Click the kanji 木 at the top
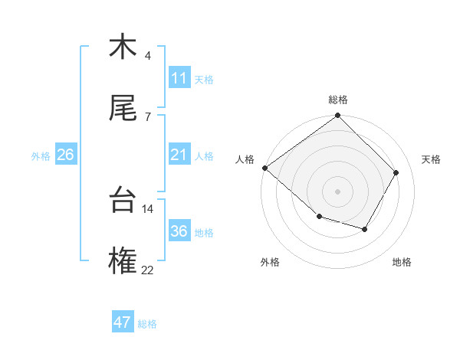[x=123, y=47]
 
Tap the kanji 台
[x=123, y=200]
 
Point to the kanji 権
[x=123, y=261]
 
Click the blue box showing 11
[x=179, y=78]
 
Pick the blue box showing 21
[x=179, y=155]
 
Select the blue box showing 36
[x=179, y=231]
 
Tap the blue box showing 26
[x=65, y=155]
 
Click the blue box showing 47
[x=123, y=322]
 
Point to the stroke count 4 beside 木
[x=148, y=56]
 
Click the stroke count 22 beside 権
[x=147, y=270]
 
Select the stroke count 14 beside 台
[x=147, y=208]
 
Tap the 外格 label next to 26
[x=41, y=155]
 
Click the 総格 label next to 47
[x=147, y=324]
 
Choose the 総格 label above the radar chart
[x=338, y=100]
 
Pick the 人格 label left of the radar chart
[x=245, y=159]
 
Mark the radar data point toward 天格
[x=396, y=173]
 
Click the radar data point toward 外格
[x=319, y=217]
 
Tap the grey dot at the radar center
[x=338, y=191]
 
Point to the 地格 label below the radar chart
[x=402, y=262]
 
